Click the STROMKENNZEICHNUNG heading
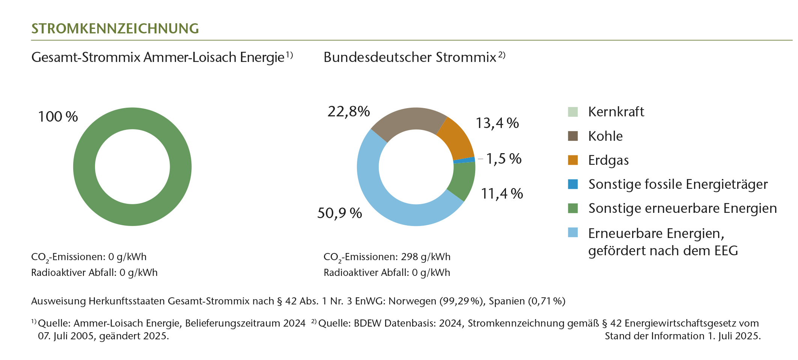(x=115, y=29)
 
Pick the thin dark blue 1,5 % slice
(x=465, y=160)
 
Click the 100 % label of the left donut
(x=58, y=117)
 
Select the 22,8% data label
(x=349, y=111)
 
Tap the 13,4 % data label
(x=497, y=123)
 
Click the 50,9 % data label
(x=339, y=213)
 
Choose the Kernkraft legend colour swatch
(x=573, y=112)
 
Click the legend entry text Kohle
(x=605, y=136)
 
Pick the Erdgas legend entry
(x=608, y=160)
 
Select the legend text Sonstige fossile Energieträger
(x=678, y=184)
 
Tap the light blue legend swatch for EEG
(x=573, y=232)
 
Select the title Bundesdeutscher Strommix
(x=410, y=57)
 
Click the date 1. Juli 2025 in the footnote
(x=734, y=336)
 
